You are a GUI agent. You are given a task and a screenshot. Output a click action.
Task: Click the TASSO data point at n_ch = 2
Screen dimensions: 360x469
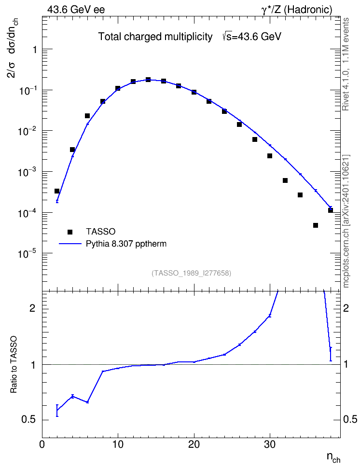point(57,191)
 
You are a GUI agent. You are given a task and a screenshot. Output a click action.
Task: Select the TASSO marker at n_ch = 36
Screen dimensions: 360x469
point(316,225)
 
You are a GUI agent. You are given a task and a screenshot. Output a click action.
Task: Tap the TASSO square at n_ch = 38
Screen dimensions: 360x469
point(331,210)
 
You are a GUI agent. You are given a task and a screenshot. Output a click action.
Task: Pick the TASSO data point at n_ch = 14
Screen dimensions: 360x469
point(148,80)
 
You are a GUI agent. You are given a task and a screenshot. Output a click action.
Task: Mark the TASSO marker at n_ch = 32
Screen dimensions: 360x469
point(285,180)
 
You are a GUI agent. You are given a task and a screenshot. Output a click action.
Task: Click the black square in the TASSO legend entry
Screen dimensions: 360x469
point(70,232)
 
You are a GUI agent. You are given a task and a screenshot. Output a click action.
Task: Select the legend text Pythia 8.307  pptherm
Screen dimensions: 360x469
point(126,244)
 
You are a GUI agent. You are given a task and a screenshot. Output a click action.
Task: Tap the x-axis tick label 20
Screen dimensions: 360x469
point(194,444)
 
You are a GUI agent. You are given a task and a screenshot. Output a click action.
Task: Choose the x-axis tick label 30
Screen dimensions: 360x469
point(270,444)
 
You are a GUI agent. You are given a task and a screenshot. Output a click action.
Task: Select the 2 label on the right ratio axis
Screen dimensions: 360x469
point(346,308)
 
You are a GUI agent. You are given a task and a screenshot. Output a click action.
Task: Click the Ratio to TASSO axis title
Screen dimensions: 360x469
point(14,365)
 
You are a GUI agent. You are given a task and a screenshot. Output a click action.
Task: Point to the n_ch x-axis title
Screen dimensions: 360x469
point(333,457)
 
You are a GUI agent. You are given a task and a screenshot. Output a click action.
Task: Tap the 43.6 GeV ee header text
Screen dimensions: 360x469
point(76,10)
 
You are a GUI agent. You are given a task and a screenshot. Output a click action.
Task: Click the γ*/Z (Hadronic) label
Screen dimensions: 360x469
point(297,10)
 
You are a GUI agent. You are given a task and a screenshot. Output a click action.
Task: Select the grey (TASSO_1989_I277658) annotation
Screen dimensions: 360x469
point(192,273)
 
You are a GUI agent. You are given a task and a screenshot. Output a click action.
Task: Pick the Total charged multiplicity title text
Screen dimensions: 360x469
point(155,37)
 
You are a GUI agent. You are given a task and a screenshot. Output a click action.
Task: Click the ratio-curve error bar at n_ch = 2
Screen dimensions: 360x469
point(57,410)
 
